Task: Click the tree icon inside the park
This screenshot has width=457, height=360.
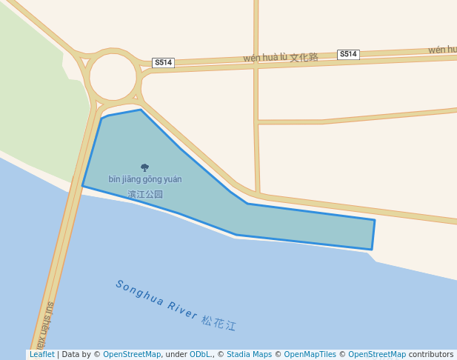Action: click(x=144, y=167)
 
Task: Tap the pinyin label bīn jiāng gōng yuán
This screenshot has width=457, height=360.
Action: click(x=145, y=179)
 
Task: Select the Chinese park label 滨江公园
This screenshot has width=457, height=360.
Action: click(x=145, y=195)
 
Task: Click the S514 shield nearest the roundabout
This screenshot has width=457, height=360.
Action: click(x=163, y=63)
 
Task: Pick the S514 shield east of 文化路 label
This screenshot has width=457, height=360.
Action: click(x=348, y=54)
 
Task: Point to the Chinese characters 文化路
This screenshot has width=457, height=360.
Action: click(x=304, y=57)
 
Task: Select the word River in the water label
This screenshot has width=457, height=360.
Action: click(x=181, y=310)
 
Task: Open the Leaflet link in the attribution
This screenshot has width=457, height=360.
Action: click(x=41, y=355)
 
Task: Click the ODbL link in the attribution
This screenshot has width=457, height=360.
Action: click(x=201, y=355)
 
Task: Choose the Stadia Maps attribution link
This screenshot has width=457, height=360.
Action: click(x=249, y=355)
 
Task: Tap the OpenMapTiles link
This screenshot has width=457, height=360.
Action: click(x=311, y=355)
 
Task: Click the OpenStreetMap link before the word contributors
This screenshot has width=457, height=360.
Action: click(x=377, y=355)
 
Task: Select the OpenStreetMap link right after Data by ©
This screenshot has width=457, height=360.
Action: click(x=132, y=355)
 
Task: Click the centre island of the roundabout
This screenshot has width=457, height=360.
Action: click(x=113, y=76)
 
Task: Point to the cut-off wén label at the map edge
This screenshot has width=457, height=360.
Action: click(x=442, y=50)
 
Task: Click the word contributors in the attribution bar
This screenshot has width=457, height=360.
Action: click(x=431, y=355)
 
